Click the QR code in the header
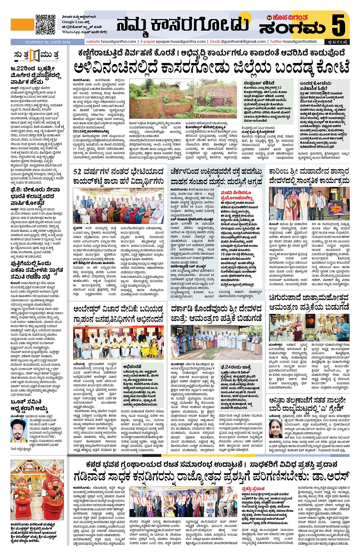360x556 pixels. click(x=45, y=24)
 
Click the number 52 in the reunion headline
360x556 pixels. click(x=77, y=172)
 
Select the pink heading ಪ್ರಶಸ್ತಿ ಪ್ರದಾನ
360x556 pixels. click(x=253, y=489)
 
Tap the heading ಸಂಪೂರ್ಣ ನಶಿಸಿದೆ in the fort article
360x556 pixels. click(x=259, y=83)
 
